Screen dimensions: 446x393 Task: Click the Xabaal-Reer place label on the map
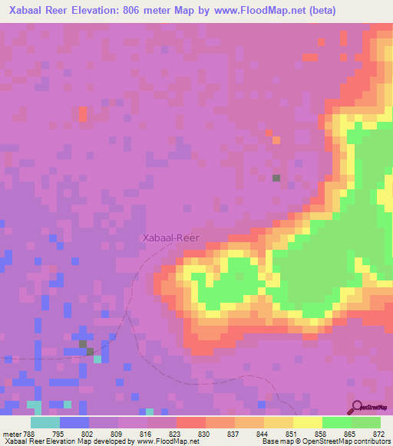point(170,238)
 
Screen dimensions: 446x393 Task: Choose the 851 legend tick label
point(292,433)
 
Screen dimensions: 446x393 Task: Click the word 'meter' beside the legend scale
point(12,433)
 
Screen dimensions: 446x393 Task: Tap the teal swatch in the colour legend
point(45,422)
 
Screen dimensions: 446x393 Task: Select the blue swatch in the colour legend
point(74,422)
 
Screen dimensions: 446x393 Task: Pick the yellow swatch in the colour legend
point(307,422)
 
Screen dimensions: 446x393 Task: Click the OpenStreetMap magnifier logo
point(358,407)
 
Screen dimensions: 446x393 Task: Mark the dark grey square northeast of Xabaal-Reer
point(276,178)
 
